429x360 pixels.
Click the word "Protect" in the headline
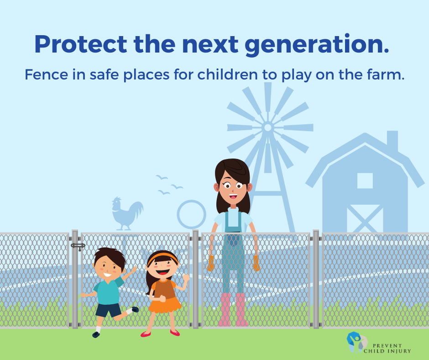[80, 45]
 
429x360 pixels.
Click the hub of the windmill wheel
[268, 127]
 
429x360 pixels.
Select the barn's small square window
[365, 180]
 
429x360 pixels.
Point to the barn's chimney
[392, 141]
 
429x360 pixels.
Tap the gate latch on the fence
[78, 246]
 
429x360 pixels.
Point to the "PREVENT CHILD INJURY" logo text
[387, 348]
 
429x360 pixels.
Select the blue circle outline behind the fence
[191, 214]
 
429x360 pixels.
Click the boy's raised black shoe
[134, 310]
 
